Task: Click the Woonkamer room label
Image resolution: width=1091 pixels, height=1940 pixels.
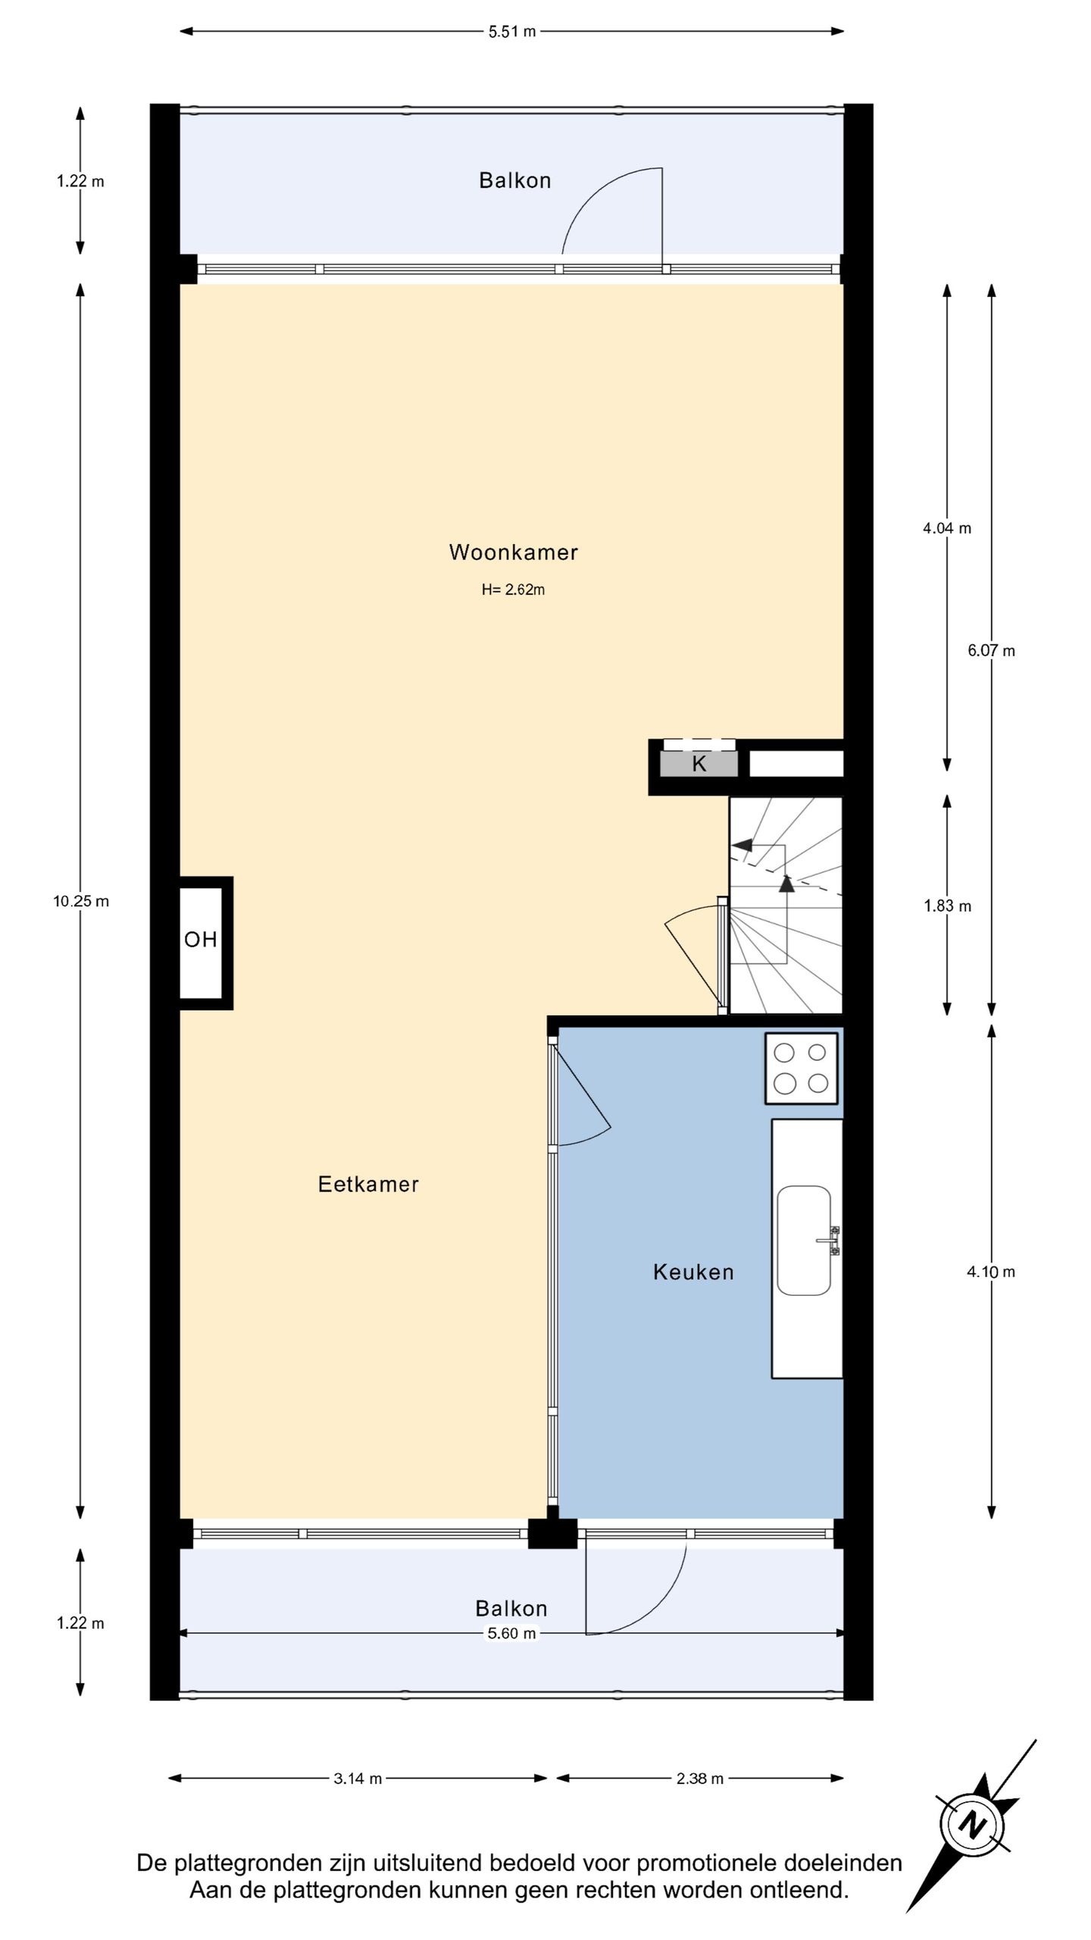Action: (x=513, y=552)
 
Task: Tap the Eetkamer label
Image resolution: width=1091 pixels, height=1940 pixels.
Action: (x=368, y=1184)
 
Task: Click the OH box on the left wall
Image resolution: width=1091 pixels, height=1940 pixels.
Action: (x=201, y=943)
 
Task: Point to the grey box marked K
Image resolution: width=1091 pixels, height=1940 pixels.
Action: (x=699, y=764)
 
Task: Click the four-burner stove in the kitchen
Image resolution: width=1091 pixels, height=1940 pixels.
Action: (x=801, y=1068)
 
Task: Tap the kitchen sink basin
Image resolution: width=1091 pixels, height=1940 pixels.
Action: (x=804, y=1240)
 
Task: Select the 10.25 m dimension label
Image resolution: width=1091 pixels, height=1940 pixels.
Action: (x=81, y=901)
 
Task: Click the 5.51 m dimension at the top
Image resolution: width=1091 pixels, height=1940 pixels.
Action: (x=512, y=32)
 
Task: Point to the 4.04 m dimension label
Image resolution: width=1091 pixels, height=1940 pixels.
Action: (x=946, y=528)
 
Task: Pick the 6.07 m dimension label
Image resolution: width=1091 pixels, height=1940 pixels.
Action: (x=991, y=650)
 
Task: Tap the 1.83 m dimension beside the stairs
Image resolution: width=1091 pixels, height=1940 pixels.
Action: (x=947, y=906)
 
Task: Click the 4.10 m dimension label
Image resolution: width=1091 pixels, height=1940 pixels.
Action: (x=991, y=1272)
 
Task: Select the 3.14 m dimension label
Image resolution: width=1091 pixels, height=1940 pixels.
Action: (x=358, y=1779)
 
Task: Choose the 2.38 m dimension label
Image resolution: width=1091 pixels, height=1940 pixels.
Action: (x=700, y=1779)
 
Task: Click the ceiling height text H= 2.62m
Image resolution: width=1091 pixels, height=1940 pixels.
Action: (x=513, y=590)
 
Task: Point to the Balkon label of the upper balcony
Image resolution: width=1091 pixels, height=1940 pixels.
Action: (x=515, y=180)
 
